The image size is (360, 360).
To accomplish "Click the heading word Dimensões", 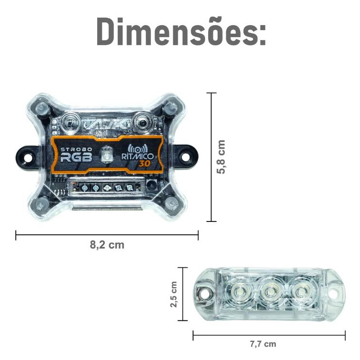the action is (x=181, y=31).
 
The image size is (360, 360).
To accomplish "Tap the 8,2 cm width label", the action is (x=107, y=245).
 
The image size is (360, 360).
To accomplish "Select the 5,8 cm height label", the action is (x=221, y=157).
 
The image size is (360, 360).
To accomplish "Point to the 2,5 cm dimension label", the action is (x=174, y=294).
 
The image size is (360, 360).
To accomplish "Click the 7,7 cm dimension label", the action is (x=263, y=344).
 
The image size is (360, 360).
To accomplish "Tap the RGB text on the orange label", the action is (x=76, y=158).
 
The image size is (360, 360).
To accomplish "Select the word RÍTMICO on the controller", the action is (x=137, y=156).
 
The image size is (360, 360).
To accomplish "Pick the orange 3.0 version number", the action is (x=144, y=163).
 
